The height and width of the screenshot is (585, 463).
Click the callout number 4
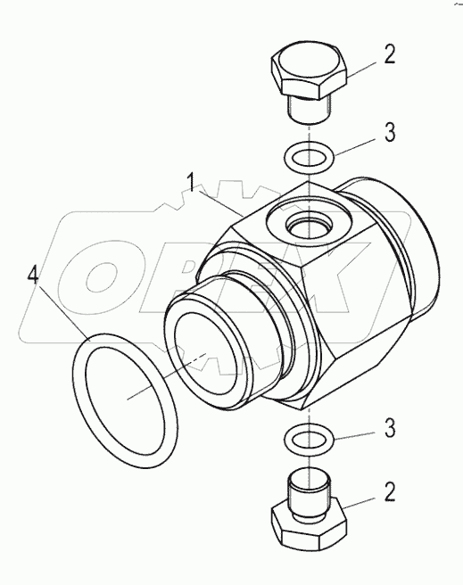33,276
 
